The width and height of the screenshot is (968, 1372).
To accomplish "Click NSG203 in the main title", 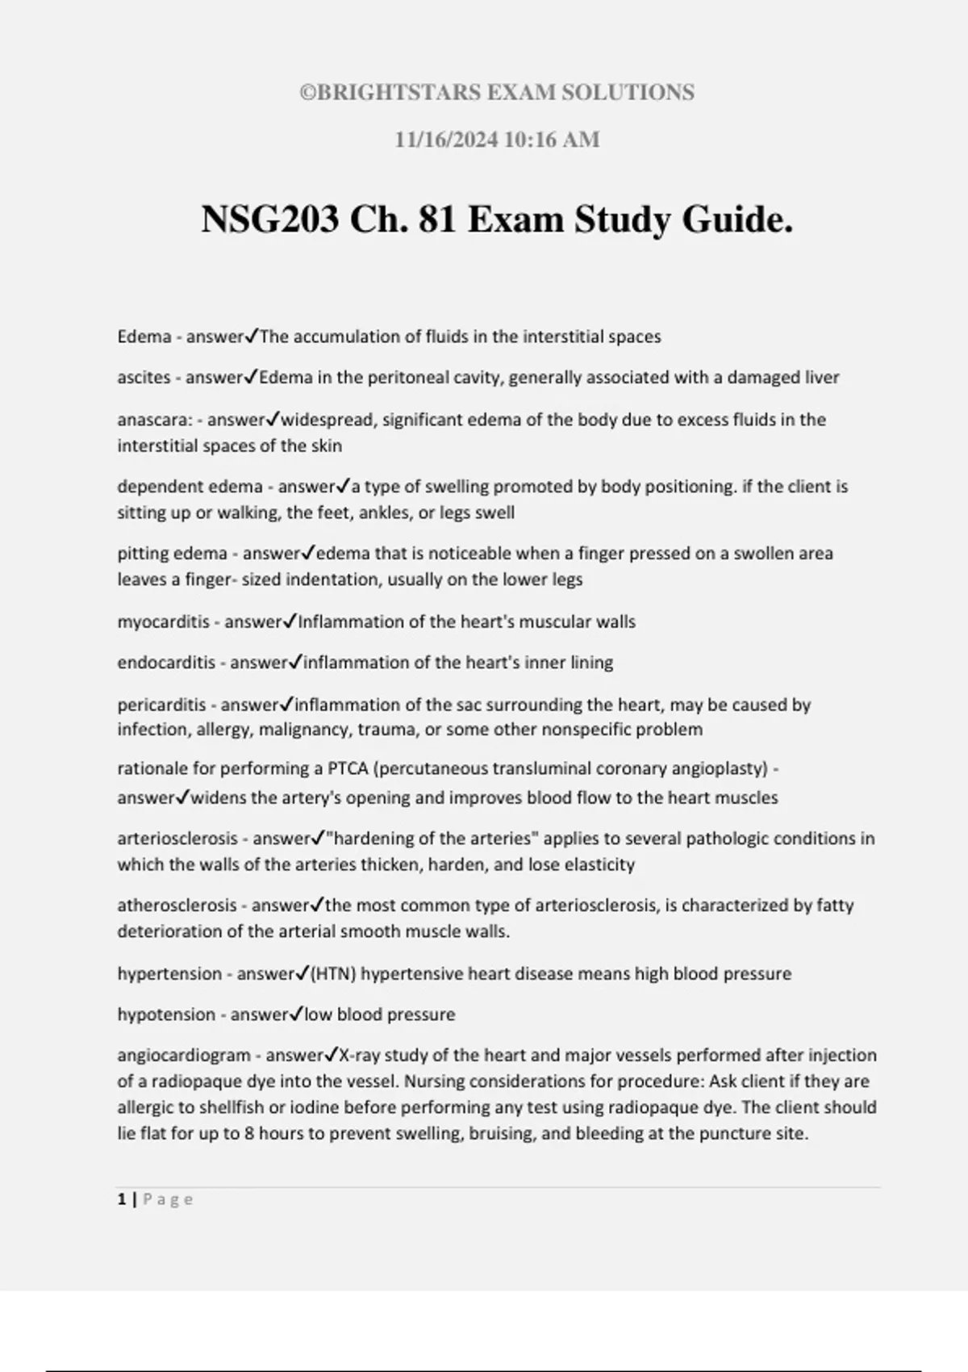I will pyautogui.click(x=269, y=220).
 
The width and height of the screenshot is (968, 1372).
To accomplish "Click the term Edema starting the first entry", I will pyautogui.click(x=144, y=337).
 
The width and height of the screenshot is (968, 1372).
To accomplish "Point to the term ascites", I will pyautogui.click(x=144, y=378).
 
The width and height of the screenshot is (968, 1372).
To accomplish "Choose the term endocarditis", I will pyautogui.click(x=166, y=663).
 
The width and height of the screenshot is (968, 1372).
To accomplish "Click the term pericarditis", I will pyautogui.click(x=161, y=705).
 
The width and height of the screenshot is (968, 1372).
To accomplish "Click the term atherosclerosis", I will pyautogui.click(x=177, y=906).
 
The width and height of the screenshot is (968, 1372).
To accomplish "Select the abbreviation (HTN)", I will pyautogui.click(x=333, y=974).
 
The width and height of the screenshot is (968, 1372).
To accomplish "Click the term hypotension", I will pyautogui.click(x=166, y=1014).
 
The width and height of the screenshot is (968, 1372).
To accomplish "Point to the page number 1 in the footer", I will pyautogui.click(x=122, y=1199).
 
